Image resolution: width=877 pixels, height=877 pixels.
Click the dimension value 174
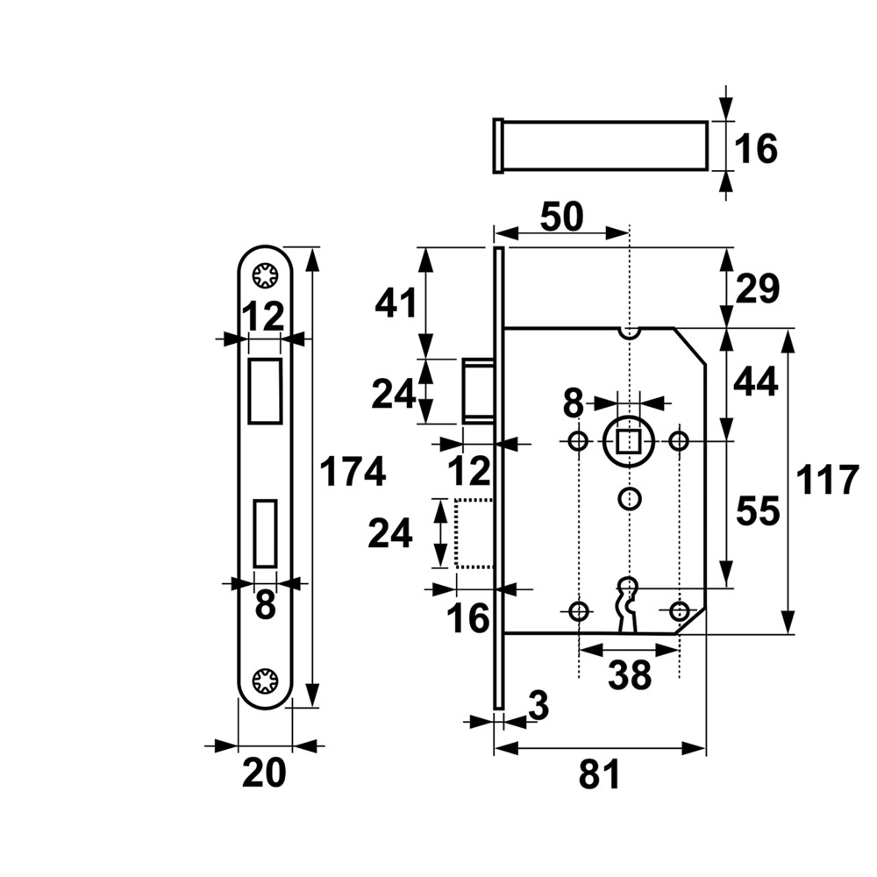[352, 472]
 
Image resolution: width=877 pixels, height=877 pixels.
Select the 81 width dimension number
[599, 775]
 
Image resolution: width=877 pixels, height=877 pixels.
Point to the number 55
[755, 511]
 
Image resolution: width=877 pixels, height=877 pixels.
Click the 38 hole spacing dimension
[629, 674]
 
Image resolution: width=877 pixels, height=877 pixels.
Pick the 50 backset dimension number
[561, 217]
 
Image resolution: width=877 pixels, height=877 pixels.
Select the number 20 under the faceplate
[264, 774]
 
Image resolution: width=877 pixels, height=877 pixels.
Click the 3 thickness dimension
[539, 705]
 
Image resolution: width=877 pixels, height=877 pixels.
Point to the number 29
[755, 289]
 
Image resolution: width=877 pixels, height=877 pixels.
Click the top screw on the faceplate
[264, 277]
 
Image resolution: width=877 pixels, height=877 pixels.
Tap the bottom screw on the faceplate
[264, 680]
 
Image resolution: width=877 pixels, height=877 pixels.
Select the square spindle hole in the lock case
[629, 439]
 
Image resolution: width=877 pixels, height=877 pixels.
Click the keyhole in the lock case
[628, 601]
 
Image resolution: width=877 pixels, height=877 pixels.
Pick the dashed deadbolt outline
[474, 533]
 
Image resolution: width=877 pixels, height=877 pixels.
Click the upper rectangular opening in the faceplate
[264, 389]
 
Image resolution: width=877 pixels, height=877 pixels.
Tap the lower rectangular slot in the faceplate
[264, 532]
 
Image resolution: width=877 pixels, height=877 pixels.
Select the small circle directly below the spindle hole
[629, 498]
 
